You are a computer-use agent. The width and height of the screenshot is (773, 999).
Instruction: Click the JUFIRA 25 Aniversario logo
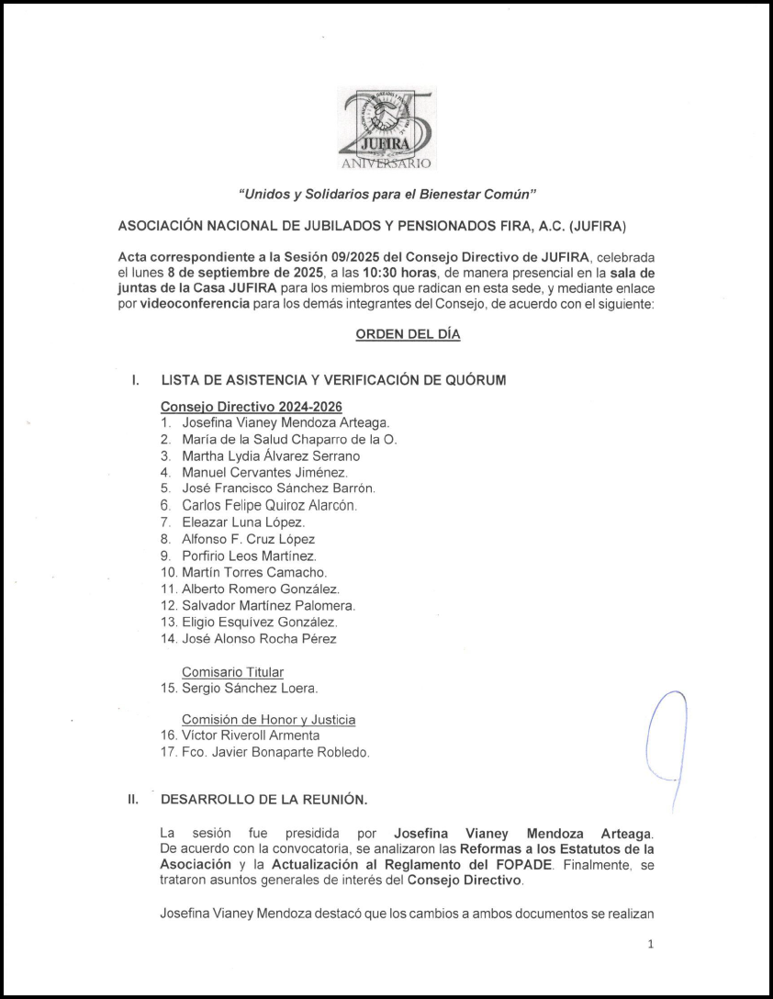(386, 129)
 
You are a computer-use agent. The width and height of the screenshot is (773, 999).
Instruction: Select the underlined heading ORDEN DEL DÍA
(408, 334)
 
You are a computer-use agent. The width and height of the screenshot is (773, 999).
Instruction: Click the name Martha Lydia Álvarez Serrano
(271, 455)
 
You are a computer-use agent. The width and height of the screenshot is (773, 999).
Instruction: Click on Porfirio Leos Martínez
(250, 556)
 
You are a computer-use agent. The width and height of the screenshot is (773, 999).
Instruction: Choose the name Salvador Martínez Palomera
(269, 605)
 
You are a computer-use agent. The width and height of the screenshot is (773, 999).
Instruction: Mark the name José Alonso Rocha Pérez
(260, 638)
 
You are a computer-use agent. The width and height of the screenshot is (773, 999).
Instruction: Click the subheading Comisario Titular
(232, 672)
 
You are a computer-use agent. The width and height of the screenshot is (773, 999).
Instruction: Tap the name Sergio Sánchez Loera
(251, 688)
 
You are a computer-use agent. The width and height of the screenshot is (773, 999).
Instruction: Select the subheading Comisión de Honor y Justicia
(268, 720)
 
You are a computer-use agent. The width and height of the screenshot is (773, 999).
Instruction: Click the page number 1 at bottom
(650, 943)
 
